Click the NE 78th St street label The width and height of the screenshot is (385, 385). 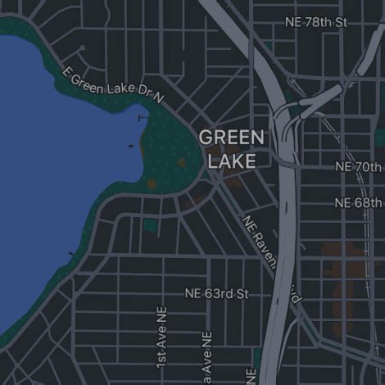coord(316,21)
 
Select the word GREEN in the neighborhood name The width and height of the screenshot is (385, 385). coord(232,137)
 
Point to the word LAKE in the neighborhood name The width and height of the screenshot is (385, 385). coord(232,161)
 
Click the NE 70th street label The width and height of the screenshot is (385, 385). coord(359,166)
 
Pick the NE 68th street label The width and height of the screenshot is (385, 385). coord(359,202)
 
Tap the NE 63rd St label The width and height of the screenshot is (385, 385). coord(216,292)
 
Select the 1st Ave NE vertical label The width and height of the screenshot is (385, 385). coord(161,337)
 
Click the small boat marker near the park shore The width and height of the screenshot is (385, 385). coord(131,147)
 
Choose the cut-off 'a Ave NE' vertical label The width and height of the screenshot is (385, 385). coord(207,357)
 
